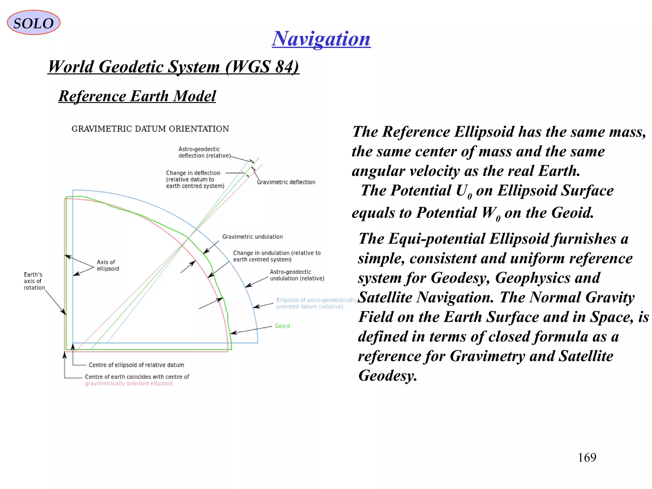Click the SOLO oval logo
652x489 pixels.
point(33,23)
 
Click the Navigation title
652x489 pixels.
point(321,39)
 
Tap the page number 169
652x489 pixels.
point(587,457)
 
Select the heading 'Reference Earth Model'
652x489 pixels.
point(137,96)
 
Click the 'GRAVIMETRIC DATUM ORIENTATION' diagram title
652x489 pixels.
point(150,129)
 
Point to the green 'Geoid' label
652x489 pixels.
point(282,326)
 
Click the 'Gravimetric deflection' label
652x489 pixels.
point(286,182)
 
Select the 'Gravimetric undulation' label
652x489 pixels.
point(252,237)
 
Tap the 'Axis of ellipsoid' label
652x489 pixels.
point(108,265)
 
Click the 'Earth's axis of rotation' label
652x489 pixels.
point(34,281)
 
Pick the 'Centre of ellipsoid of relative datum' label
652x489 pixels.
point(136,365)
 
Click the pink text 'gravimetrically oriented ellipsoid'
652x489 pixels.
point(129,383)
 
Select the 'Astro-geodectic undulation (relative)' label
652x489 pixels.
point(297,275)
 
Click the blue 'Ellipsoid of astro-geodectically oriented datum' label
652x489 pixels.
point(316,303)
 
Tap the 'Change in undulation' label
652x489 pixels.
point(277,256)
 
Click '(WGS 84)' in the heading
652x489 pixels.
point(262,67)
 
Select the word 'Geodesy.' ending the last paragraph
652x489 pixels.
point(387,376)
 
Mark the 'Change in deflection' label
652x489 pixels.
point(195,179)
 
